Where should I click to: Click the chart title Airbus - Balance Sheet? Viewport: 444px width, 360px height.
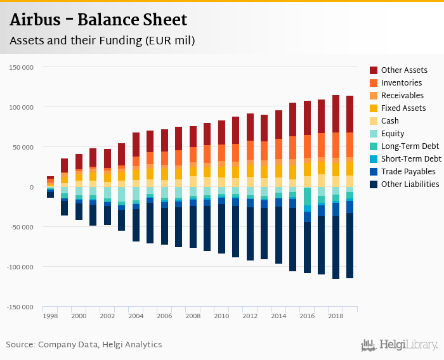click(x=98, y=20)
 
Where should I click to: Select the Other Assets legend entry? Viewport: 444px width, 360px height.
click(x=403, y=70)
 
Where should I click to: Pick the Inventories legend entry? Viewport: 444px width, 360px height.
click(x=402, y=83)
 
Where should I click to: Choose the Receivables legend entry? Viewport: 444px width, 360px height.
click(x=402, y=96)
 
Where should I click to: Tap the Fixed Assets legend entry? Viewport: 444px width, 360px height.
click(x=403, y=108)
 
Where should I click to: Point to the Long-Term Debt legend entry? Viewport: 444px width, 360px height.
click(x=410, y=146)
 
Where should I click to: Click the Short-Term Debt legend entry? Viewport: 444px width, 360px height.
click(x=410, y=159)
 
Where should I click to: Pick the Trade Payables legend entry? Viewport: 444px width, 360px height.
click(x=408, y=172)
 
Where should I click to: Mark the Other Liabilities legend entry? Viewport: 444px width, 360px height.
click(x=410, y=184)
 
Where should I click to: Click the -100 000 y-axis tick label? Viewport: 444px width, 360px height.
click(x=20, y=267)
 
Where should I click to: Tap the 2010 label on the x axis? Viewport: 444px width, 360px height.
click(x=221, y=316)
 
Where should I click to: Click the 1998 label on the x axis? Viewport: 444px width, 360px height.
click(x=50, y=316)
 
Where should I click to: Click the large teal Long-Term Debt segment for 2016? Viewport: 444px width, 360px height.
click(x=307, y=196)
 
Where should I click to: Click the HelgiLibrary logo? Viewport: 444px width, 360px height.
click(x=400, y=345)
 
